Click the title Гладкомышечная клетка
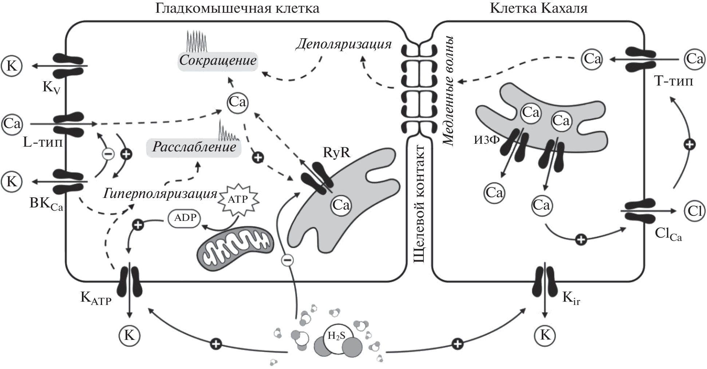pyautogui.click(x=237, y=8)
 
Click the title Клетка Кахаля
pyautogui.click(x=538, y=8)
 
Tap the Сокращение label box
pyautogui.click(x=218, y=60)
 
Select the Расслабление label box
pyautogui.click(x=194, y=147)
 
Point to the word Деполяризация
pyautogui.click(x=343, y=44)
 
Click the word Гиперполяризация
pyautogui.click(x=160, y=194)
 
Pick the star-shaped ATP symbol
pyautogui.click(x=238, y=199)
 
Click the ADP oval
pyautogui.click(x=185, y=218)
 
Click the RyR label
pyautogui.click(x=336, y=153)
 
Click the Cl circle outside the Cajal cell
pyautogui.click(x=694, y=211)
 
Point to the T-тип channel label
pyautogui.click(x=673, y=81)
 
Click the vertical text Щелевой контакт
pyautogui.click(x=420, y=203)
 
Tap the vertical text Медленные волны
pyautogui.click(x=448, y=91)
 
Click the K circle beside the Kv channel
pyautogui.click(x=12, y=66)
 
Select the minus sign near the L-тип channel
pyautogui.click(x=108, y=154)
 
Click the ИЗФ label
pyautogui.click(x=486, y=140)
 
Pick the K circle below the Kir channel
pyautogui.click(x=545, y=335)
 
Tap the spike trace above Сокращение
pyautogui.click(x=197, y=41)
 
